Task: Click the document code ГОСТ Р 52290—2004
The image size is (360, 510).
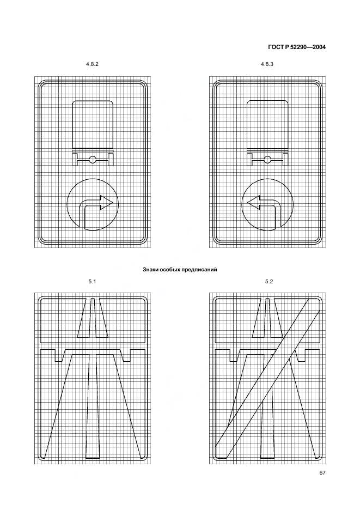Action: tap(297, 47)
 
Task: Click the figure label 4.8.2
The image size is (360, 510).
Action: tap(93, 64)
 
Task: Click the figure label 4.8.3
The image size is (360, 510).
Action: tap(267, 64)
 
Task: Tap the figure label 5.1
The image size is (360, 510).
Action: tap(93, 281)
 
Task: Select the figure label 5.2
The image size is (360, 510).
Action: tap(269, 281)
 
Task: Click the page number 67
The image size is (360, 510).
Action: tap(322, 472)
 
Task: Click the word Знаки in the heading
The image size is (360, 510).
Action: tap(150, 270)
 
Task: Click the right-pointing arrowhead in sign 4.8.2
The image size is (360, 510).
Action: tap(106, 202)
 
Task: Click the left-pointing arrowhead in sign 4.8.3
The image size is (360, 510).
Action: tap(254, 202)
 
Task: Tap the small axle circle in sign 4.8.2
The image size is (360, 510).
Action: tap(93, 159)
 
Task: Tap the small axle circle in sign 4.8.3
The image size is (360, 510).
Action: tap(267, 159)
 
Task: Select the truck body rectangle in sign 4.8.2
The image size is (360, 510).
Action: tap(93, 125)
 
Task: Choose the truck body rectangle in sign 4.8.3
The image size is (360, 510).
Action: tap(267, 125)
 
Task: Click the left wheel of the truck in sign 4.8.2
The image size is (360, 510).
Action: tap(75, 159)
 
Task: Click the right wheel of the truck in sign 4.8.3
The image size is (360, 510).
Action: tap(285, 159)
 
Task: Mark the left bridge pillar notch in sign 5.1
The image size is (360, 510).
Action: tap(59, 355)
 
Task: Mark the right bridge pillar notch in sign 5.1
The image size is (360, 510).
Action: tap(126, 355)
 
